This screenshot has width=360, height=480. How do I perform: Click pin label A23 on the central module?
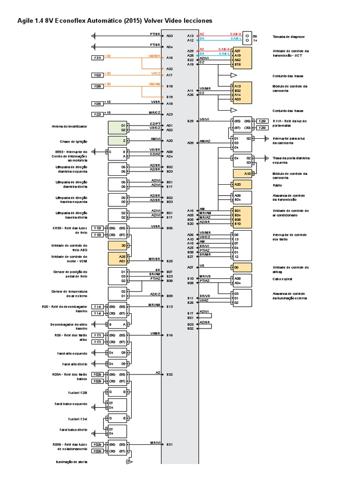pos(169,114)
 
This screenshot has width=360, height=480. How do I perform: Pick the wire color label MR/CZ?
pos(155,112)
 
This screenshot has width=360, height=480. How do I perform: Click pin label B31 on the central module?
pos(170,444)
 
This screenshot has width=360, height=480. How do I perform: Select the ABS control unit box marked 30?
pos(118,245)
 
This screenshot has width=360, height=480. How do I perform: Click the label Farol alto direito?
pos(77,364)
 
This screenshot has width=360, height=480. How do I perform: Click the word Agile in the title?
pos(26,21)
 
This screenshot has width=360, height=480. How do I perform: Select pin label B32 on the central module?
pos(170,374)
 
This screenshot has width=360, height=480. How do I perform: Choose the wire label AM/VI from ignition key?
pos(156,139)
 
